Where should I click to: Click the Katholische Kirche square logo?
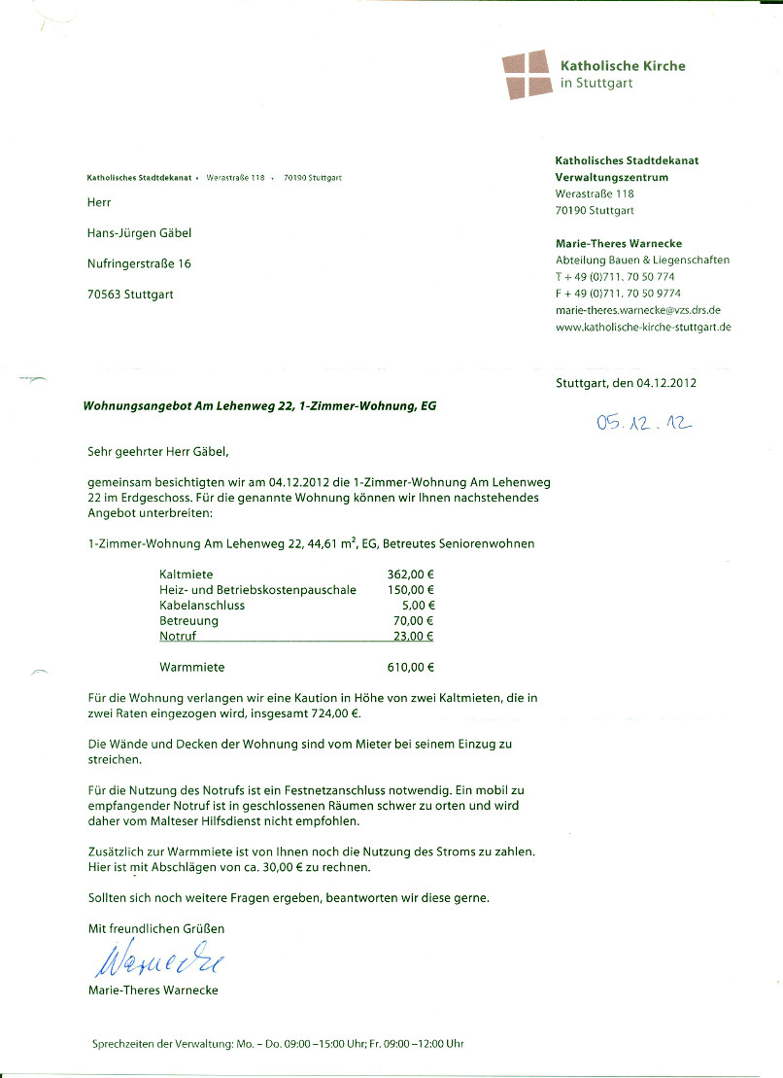pos(526,75)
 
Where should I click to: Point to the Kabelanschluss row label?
pos(202,606)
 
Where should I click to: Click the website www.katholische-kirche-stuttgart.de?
pos(643,327)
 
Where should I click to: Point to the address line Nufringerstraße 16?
pos(140,263)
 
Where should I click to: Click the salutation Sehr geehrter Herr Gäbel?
pos(158,451)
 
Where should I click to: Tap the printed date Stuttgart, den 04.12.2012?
pos(626,383)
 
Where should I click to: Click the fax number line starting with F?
pos(618,293)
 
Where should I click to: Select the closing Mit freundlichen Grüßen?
pos(156,929)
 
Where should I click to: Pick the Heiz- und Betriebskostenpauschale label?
pos(257,590)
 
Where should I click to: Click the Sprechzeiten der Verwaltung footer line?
pos(278,1044)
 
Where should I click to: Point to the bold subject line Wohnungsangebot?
pos(259,406)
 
